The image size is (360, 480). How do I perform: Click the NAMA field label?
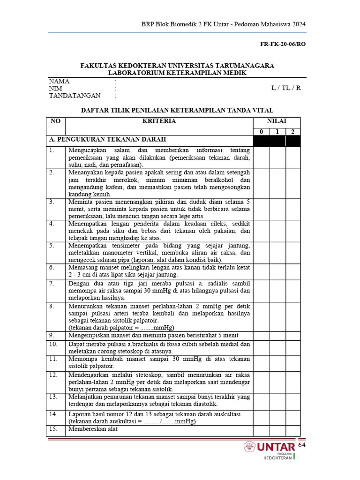point(59,81)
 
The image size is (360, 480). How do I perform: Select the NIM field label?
point(56,88)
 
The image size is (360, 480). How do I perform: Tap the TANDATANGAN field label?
point(75,96)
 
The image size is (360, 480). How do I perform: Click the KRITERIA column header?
point(159,121)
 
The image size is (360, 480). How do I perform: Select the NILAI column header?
point(277,121)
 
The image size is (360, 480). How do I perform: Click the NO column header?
point(55,121)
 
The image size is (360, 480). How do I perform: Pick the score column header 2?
point(292,132)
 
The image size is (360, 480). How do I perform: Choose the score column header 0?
point(261,132)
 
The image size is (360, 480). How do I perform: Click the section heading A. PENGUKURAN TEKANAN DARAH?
point(107,140)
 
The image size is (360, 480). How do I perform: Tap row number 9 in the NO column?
point(52,335)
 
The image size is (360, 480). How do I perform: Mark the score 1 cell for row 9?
point(277,336)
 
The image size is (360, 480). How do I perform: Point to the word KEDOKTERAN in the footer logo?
point(278,458)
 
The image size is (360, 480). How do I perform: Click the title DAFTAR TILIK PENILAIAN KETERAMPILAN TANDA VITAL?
point(177,111)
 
